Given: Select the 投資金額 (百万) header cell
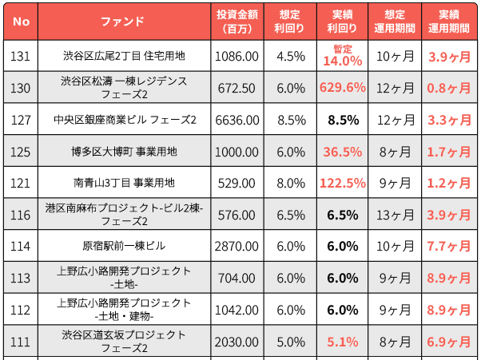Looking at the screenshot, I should pos(238,21).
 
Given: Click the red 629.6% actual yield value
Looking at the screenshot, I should pos(343,88).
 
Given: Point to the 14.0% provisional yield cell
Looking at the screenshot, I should pos(343,60).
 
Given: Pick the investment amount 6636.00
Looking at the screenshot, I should pos(238,120).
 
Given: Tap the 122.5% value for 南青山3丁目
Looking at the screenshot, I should pos(343,183).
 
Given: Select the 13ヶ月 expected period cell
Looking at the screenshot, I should pos(396,215).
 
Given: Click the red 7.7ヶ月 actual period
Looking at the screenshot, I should pos(449,247).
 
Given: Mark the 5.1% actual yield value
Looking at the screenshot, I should pos(343,342).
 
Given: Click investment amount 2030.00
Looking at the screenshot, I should pos(238,342).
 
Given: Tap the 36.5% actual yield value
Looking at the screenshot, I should pos(343,152).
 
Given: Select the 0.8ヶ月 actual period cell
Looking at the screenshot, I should pos(449,88).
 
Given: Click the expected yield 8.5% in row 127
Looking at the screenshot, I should pos(291,120).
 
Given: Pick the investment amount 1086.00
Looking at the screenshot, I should pos(238,57).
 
